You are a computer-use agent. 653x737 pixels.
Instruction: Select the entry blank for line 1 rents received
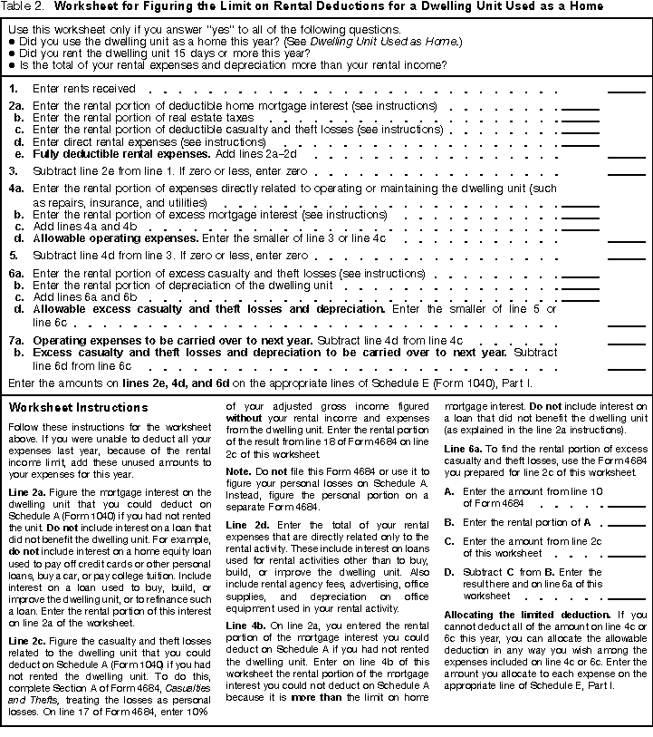point(626,91)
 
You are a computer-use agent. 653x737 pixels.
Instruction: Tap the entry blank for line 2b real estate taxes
point(581,120)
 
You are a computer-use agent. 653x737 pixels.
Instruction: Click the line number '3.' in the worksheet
point(14,170)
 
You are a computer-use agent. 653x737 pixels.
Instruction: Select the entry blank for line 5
point(626,258)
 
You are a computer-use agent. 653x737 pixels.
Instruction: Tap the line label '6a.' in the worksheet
point(15,273)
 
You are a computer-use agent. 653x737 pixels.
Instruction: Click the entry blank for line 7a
point(626,342)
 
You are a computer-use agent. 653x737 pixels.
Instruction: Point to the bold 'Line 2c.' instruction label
point(26,641)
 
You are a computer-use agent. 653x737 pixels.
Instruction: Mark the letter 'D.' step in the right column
point(449,572)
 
